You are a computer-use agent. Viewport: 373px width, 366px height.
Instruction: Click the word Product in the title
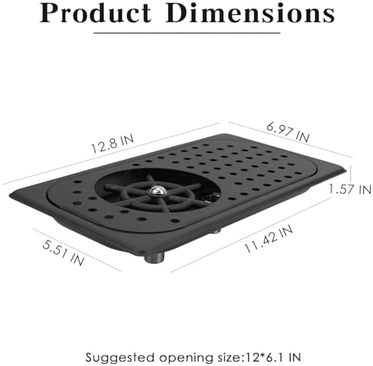(95, 13)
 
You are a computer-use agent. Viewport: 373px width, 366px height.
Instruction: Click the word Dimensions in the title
(250, 13)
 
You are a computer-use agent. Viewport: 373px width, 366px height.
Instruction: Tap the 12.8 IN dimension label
(112, 144)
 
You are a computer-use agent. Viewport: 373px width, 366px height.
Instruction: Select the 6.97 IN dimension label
(288, 133)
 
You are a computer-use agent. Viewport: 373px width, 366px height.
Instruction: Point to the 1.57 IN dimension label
(350, 189)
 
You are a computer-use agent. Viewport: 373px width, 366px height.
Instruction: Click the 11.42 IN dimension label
(269, 239)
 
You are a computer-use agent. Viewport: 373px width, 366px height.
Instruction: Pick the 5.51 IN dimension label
(63, 253)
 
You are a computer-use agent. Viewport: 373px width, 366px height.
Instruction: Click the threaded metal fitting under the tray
(154, 258)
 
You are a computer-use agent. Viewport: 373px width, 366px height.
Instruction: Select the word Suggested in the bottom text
(120, 358)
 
